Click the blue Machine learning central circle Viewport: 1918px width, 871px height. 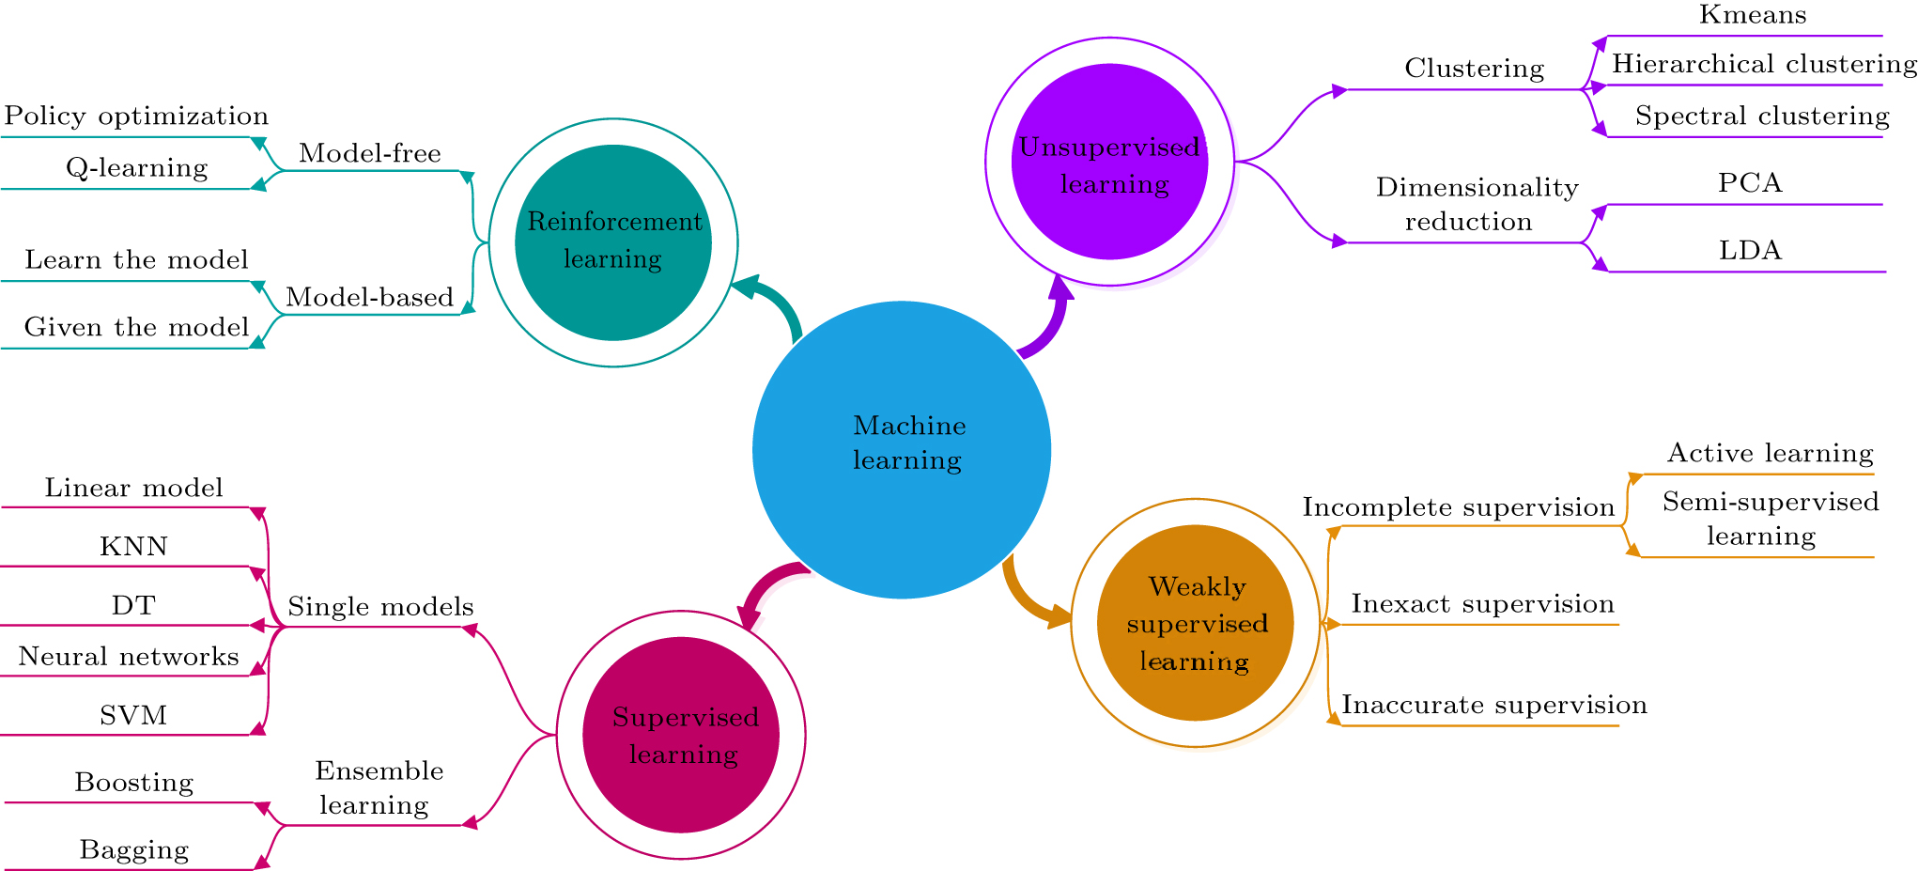[x=901, y=449]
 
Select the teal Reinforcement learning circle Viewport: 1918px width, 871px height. [x=613, y=241]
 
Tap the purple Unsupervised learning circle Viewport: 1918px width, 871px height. [x=1109, y=162]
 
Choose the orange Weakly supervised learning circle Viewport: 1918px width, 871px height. [x=1195, y=623]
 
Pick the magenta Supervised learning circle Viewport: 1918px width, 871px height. [x=681, y=735]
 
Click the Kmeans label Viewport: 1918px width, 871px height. [x=1752, y=15]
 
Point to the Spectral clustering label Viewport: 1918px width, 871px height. [x=1761, y=116]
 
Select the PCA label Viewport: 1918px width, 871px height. [x=1750, y=182]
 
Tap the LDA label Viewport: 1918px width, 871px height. [x=1750, y=250]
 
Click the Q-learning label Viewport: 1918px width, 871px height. [x=137, y=167]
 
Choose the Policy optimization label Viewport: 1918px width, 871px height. [x=136, y=116]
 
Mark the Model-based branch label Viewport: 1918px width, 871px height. [x=369, y=297]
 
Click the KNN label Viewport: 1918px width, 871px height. [x=133, y=546]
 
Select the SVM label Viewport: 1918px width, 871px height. [x=133, y=715]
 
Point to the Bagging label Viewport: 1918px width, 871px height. [x=134, y=849]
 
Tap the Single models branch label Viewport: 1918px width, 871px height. [x=380, y=606]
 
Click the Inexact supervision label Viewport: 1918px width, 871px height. [x=1482, y=603]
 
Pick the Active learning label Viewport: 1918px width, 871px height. [x=1770, y=453]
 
